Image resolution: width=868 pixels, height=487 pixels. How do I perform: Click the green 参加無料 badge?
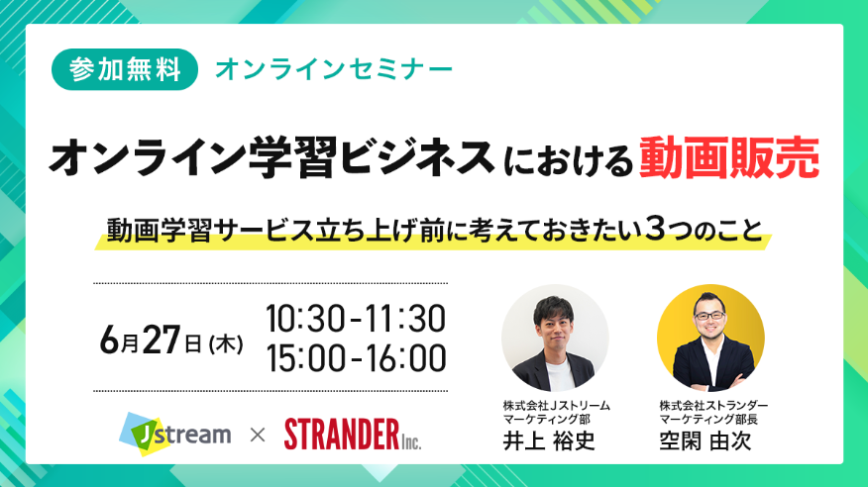point(125,69)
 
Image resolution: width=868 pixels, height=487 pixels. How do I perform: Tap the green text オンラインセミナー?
point(334,69)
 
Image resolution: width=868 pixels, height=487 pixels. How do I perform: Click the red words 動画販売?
point(729,158)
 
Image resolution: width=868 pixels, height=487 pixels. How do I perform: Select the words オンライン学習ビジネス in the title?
point(271,158)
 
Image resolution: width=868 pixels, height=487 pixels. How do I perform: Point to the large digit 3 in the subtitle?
point(654,230)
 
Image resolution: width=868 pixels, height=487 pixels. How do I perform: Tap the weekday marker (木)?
point(226,344)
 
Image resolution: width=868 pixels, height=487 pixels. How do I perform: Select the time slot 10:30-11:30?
point(356,318)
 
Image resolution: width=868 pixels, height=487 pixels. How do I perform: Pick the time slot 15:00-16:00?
point(357,357)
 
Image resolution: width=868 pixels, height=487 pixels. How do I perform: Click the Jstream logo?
point(175,434)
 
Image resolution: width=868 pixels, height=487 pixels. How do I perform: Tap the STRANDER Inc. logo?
point(353,434)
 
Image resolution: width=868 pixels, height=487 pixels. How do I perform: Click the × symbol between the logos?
point(258,436)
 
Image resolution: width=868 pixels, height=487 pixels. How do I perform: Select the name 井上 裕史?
point(549,440)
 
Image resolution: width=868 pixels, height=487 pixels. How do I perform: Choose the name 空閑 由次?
point(705,440)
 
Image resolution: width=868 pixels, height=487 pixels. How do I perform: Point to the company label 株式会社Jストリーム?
point(556,406)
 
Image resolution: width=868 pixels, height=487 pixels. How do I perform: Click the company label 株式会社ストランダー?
point(713,406)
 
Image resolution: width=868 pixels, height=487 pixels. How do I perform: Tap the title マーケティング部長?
point(708,419)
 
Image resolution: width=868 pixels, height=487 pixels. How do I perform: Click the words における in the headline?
point(568,161)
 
